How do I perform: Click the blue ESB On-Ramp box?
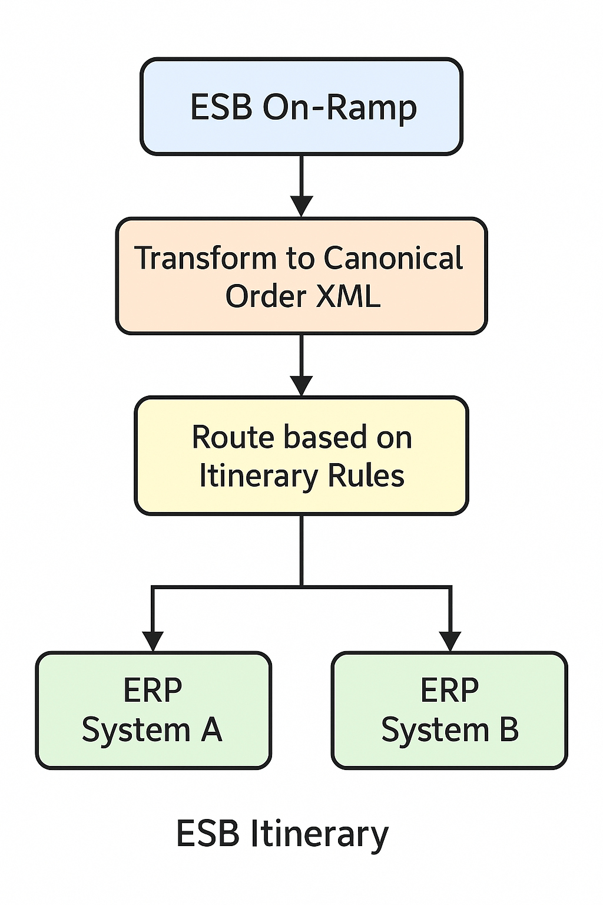pyautogui.click(x=301, y=106)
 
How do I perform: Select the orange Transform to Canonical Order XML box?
pyautogui.click(x=301, y=276)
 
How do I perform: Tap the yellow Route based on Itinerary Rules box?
pyautogui.click(x=301, y=455)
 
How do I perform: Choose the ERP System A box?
pyautogui.click(x=153, y=710)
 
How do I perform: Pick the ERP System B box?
pyautogui.click(x=449, y=710)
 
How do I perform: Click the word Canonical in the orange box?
pyautogui.click(x=393, y=258)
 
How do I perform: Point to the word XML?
pyautogui.click(x=349, y=296)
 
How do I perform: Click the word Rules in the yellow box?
pyautogui.click(x=366, y=475)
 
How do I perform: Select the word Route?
pyautogui.click(x=233, y=437)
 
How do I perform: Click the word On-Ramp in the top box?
pyautogui.click(x=339, y=107)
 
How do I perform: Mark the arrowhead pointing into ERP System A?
pyautogui.click(x=153, y=641)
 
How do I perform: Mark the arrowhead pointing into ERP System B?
pyautogui.click(x=450, y=641)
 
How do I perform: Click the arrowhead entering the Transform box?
pyautogui.click(x=301, y=206)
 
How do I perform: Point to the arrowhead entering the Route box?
pyautogui.click(x=301, y=386)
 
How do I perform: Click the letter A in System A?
pyautogui.click(x=211, y=729)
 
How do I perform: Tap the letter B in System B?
pyautogui.click(x=509, y=729)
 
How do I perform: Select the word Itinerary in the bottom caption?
pyautogui.click(x=319, y=834)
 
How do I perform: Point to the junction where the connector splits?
pyautogui.click(x=301, y=587)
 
